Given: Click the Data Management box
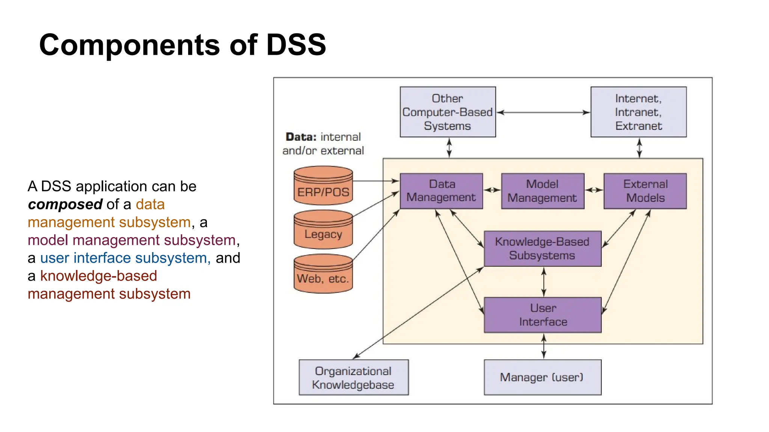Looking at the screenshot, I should pyautogui.click(x=441, y=191).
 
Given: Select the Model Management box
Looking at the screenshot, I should pyautogui.click(x=543, y=191).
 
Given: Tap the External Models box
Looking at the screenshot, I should pyautogui.click(x=645, y=191).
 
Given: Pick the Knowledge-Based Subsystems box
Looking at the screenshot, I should pyautogui.click(x=543, y=249).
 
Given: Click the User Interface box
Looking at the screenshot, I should pyautogui.click(x=543, y=315).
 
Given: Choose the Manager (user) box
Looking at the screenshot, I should pyautogui.click(x=543, y=377).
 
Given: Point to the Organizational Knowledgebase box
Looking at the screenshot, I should pyautogui.click(x=353, y=377).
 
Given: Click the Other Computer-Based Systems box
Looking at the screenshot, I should pyautogui.click(x=448, y=112).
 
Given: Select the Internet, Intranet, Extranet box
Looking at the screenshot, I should pyautogui.click(x=638, y=112).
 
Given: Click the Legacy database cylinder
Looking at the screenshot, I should pyautogui.click(x=323, y=230).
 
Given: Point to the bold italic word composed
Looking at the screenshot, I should pyautogui.click(x=65, y=204).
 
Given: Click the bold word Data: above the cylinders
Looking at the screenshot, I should pyautogui.click(x=301, y=137).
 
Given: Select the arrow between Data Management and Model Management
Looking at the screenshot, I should pyautogui.click(x=492, y=190).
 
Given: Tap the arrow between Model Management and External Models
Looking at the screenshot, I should pyautogui.click(x=594, y=190).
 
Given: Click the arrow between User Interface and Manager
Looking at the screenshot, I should pyautogui.click(x=544, y=346).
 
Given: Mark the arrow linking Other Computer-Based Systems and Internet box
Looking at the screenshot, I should pyautogui.click(x=543, y=112).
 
